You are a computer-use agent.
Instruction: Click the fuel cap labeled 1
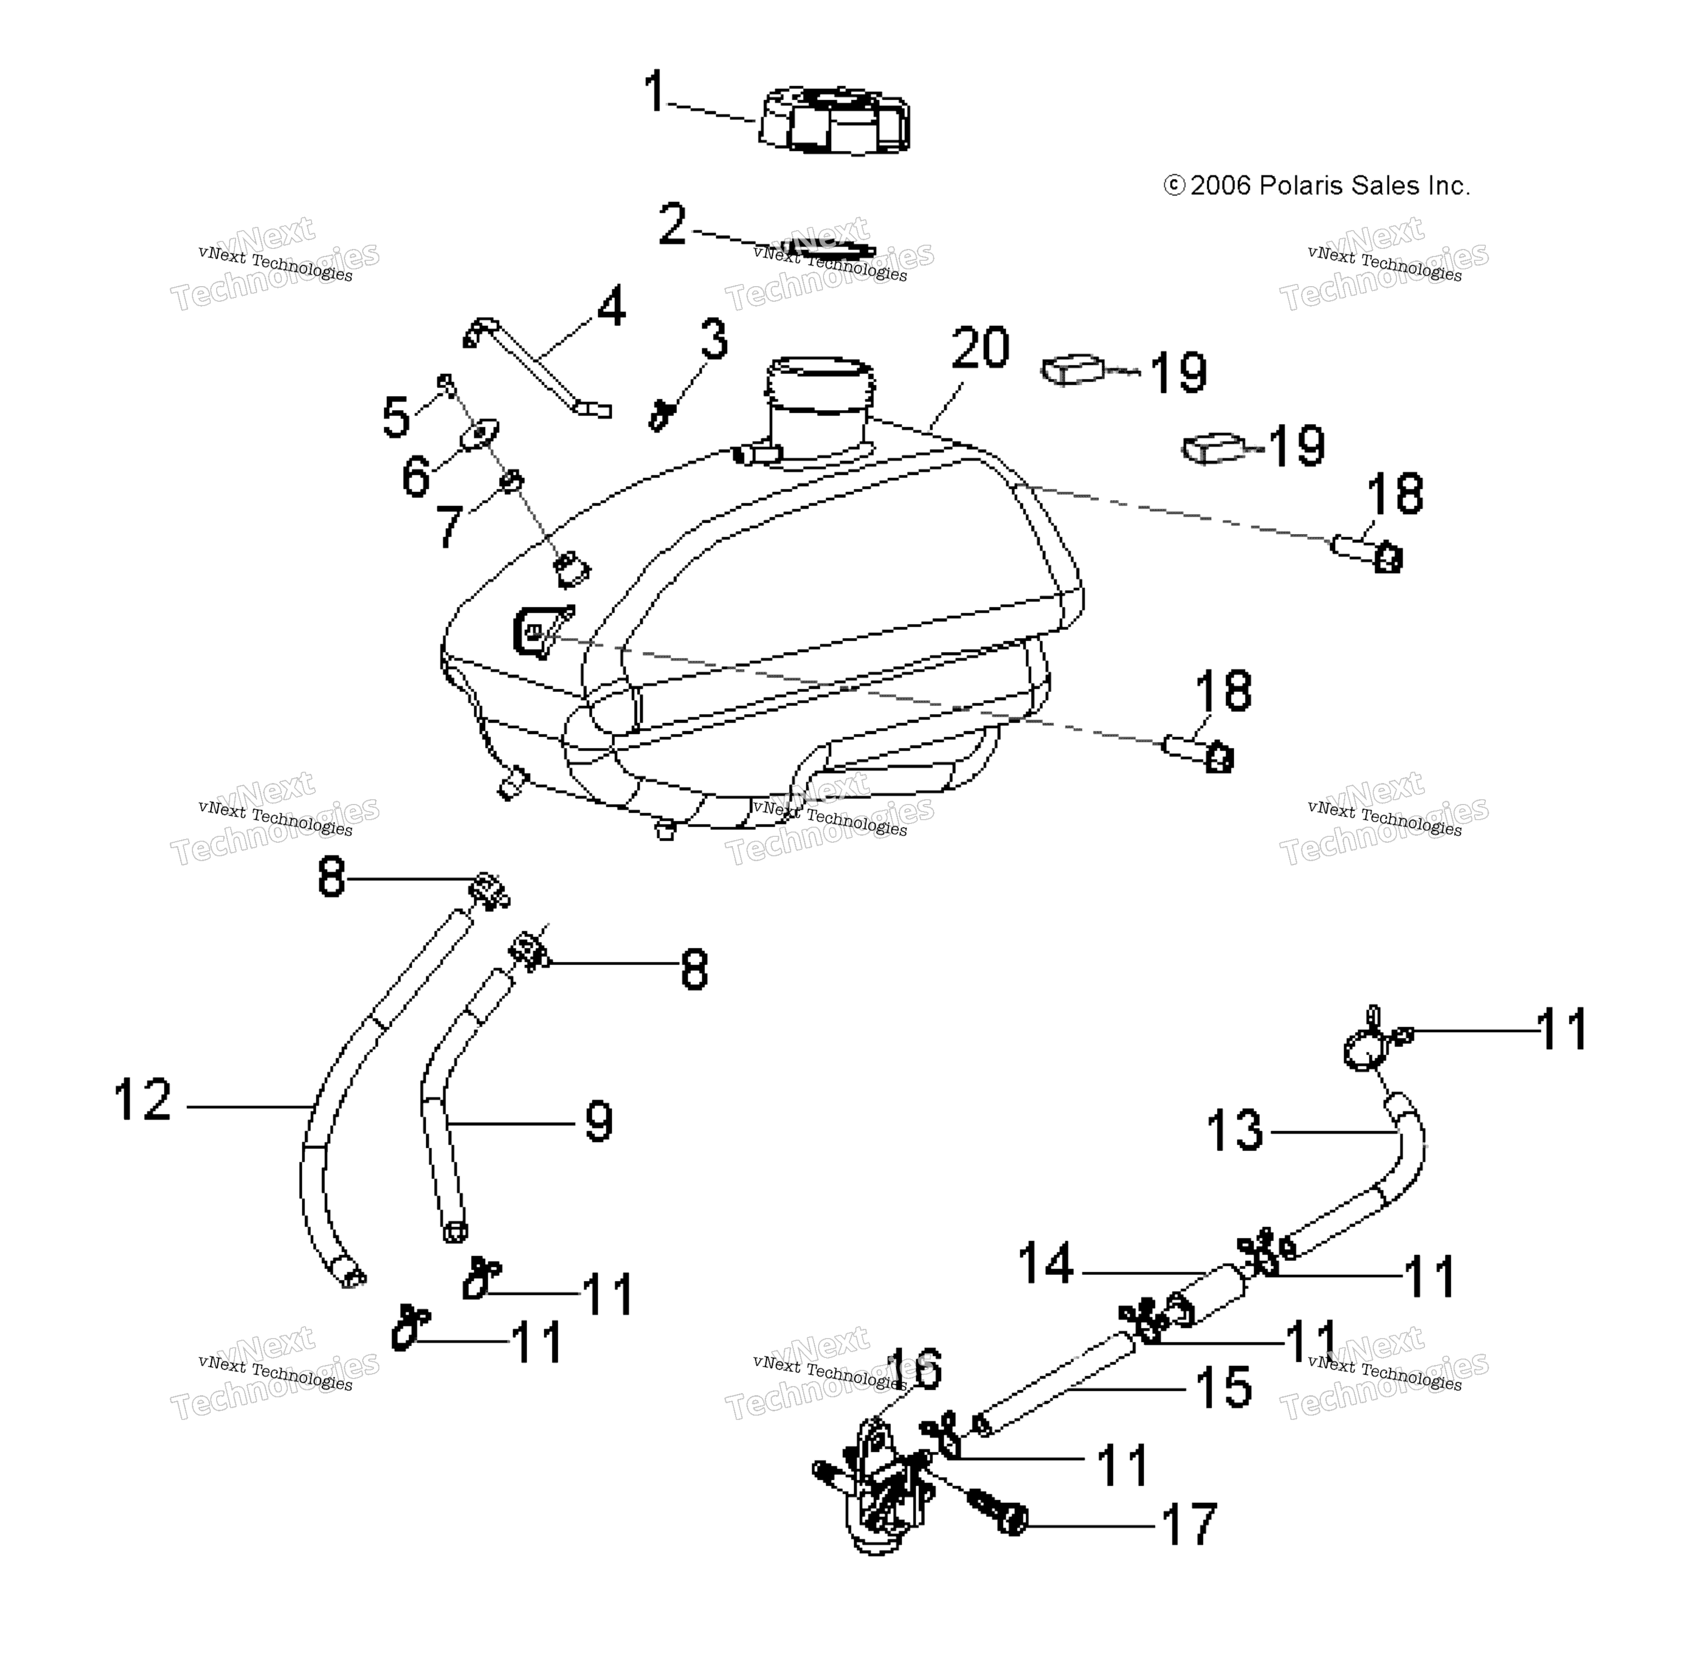[x=835, y=120]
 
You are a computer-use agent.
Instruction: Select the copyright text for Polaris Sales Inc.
[x=1317, y=185]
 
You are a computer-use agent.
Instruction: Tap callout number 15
[x=1223, y=1387]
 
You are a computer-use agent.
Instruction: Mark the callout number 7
[x=449, y=525]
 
